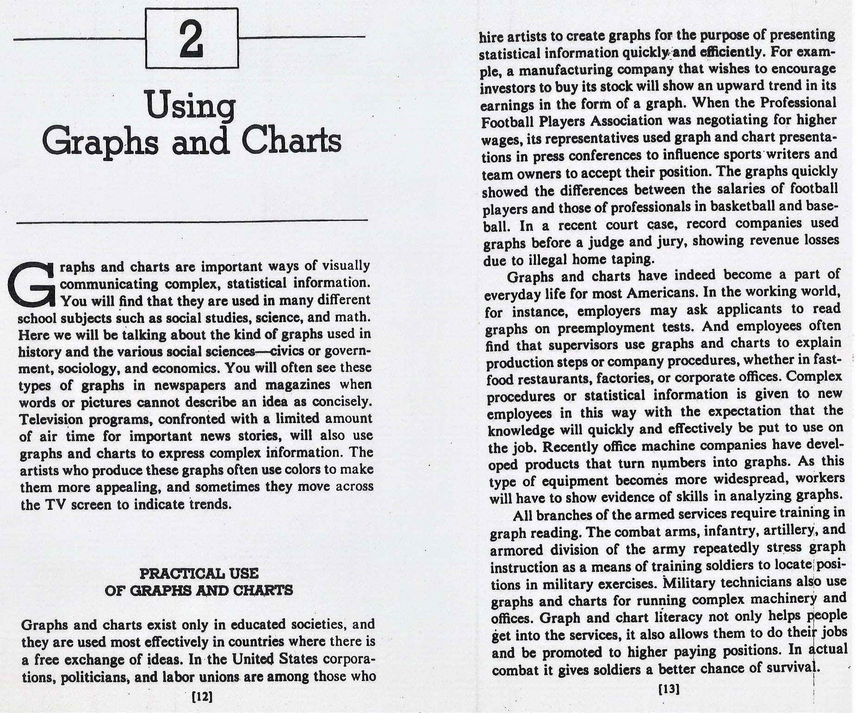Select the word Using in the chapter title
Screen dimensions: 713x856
tap(190, 108)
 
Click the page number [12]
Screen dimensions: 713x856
tap(201, 697)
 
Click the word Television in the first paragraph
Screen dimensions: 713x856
tap(51, 419)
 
